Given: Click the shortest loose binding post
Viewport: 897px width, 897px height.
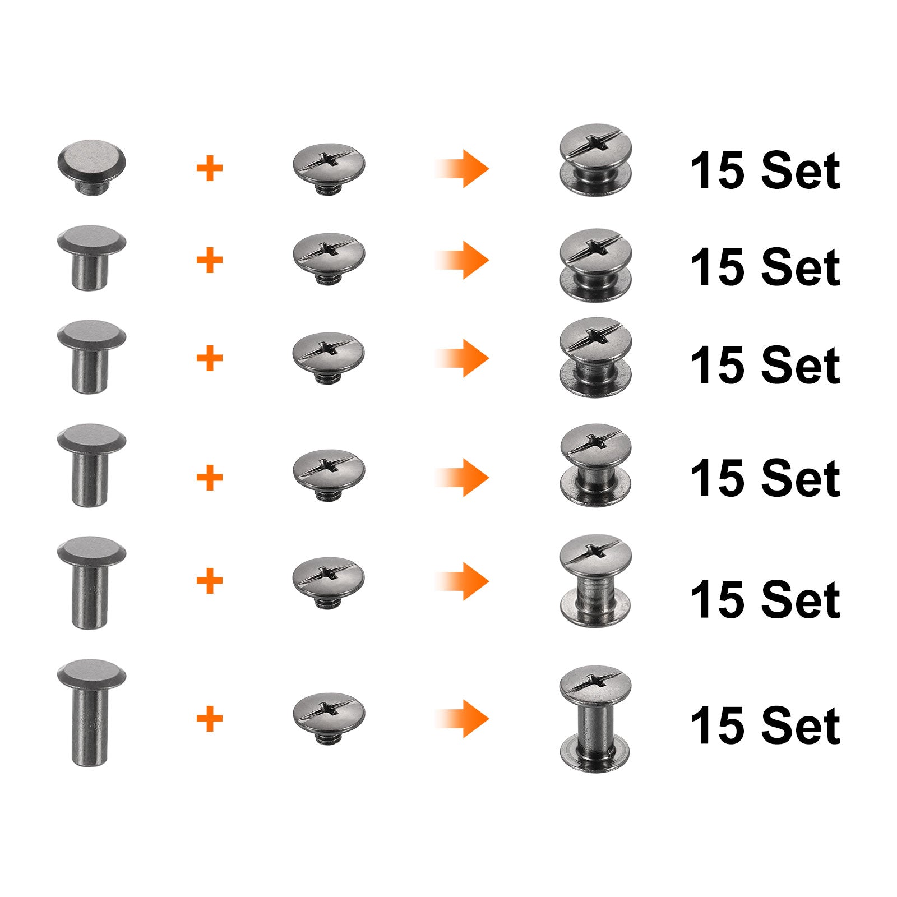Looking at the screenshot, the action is click(x=91, y=167).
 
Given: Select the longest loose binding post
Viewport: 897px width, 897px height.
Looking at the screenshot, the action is click(x=91, y=712).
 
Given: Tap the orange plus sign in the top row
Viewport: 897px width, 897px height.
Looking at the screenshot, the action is click(x=210, y=168).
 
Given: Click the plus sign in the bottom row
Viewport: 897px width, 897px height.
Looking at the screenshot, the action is click(x=210, y=718).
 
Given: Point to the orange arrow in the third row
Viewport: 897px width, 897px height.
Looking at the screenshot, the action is click(x=461, y=358).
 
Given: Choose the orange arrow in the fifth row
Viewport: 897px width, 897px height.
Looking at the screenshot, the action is click(x=461, y=581).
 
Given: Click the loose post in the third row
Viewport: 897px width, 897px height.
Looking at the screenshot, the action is click(x=91, y=357).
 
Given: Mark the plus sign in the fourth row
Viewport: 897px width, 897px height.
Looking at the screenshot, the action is click(x=210, y=478).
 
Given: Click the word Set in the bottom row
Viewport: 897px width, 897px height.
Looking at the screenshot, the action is click(x=801, y=725).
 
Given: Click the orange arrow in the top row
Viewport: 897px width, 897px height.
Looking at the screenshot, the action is click(x=461, y=168).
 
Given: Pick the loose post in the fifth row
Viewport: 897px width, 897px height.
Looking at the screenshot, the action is click(x=91, y=582).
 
